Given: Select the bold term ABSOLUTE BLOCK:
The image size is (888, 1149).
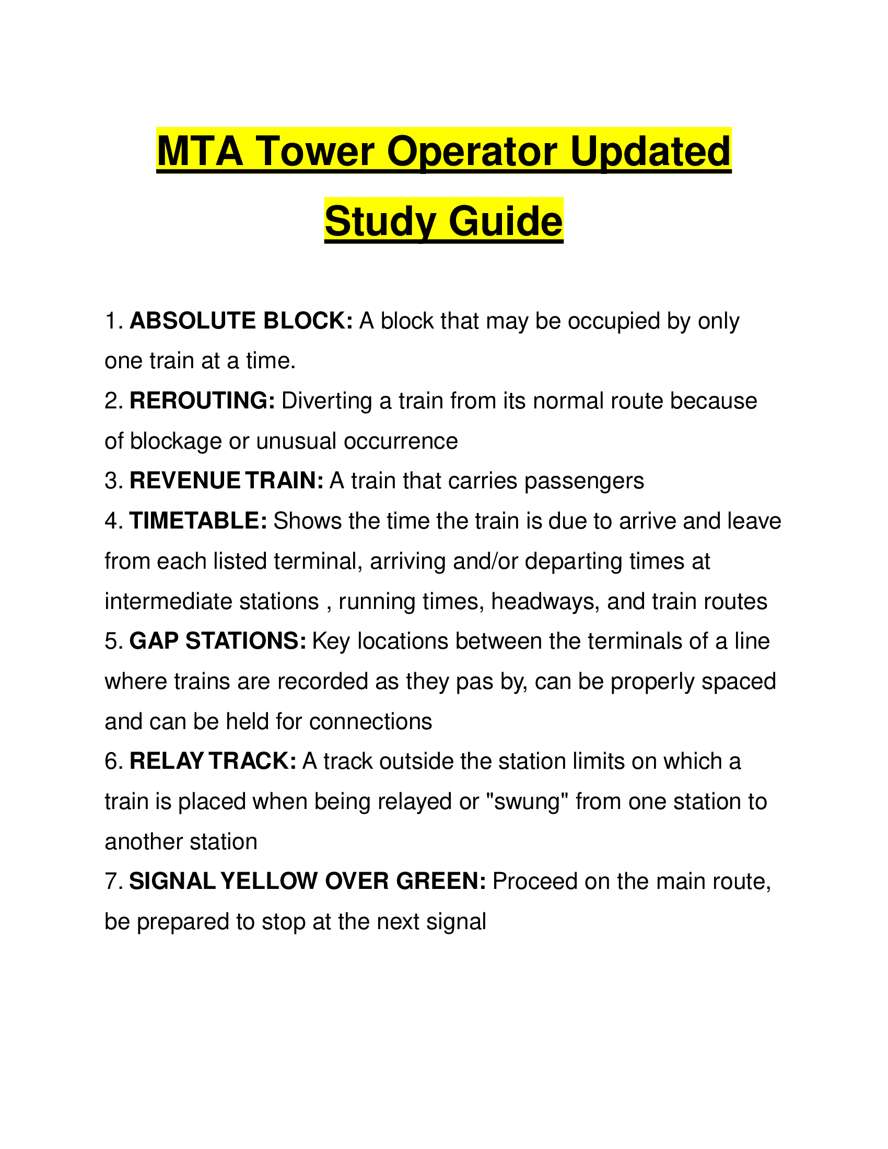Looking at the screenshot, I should (x=241, y=321).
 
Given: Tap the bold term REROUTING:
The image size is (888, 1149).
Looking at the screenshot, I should (x=202, y=401).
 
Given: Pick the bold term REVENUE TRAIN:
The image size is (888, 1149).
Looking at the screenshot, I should (x=226, y=481).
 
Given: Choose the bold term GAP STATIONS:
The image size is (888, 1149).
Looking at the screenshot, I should (x=217, y=641).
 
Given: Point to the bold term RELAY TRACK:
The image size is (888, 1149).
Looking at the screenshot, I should (x=213, y=761).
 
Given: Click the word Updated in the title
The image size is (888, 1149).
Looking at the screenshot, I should (x=650, y=151).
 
